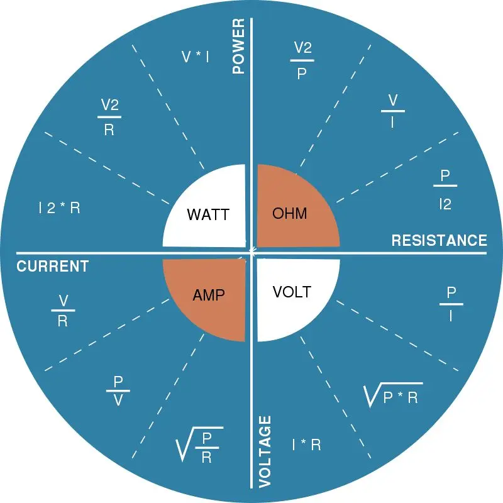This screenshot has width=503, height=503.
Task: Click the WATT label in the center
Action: tap(207, 214)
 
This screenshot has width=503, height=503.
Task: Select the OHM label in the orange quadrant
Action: tap(290, 213)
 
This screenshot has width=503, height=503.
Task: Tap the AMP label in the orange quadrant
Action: tap(208, 294)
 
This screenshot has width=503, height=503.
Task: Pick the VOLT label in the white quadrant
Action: tap(292, 292)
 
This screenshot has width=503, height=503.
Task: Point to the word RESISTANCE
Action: tap(439, 240)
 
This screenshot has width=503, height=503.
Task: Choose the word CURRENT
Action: tap(52, 266)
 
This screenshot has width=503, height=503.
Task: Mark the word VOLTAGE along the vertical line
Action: tap(265, 451)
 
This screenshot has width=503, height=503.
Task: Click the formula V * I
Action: tap(196, 57)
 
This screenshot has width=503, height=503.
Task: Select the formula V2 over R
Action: tap(109, 116)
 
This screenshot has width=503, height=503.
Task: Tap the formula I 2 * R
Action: tap(59, 208)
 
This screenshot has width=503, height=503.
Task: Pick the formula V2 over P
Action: tap(302, 60)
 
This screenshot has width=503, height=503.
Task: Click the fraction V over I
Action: tap(392, 111)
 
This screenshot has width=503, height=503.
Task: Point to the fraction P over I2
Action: tap(445, 189)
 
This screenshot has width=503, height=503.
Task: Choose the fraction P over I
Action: tap(451, 304)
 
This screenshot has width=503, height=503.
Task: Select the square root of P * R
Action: tap(393, 394)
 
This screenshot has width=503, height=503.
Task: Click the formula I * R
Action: tap(307, 445)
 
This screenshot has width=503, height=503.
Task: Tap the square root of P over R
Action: tap(199, 445)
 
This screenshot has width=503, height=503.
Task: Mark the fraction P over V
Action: tap(118, 391)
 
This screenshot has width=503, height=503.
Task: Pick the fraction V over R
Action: tap(63, 311)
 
